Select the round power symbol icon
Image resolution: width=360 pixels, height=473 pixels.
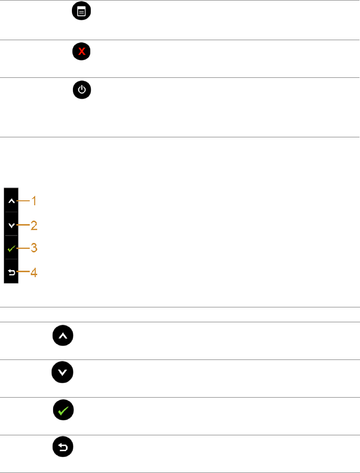[82, 90]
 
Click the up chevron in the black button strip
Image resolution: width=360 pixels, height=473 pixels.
[11, 201]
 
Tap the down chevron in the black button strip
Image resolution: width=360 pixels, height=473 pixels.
[11, 225]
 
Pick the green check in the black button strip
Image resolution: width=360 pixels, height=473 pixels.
[11, 247]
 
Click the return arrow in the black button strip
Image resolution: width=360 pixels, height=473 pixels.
[11, 272]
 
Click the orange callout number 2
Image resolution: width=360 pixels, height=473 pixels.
[34, 226]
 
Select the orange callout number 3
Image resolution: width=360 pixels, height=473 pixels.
[34, 248]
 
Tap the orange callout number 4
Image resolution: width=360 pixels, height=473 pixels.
[34, 272]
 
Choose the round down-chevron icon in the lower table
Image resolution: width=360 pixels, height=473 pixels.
[62, 373]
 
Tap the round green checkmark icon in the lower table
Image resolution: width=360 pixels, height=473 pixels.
[63, 411]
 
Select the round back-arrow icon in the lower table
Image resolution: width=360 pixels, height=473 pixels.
[63, 448]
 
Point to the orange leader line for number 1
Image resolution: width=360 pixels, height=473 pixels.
[23, 201]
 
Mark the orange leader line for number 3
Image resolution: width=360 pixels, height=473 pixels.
[23, 247]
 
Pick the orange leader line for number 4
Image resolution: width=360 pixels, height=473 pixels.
[23, 272]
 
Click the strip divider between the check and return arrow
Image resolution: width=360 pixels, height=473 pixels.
[11, 259]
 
